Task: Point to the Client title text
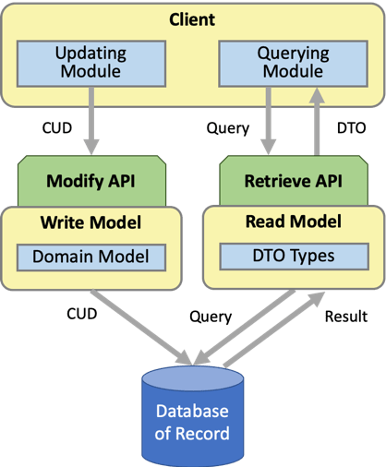(193, 18)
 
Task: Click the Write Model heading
(91, 222)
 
